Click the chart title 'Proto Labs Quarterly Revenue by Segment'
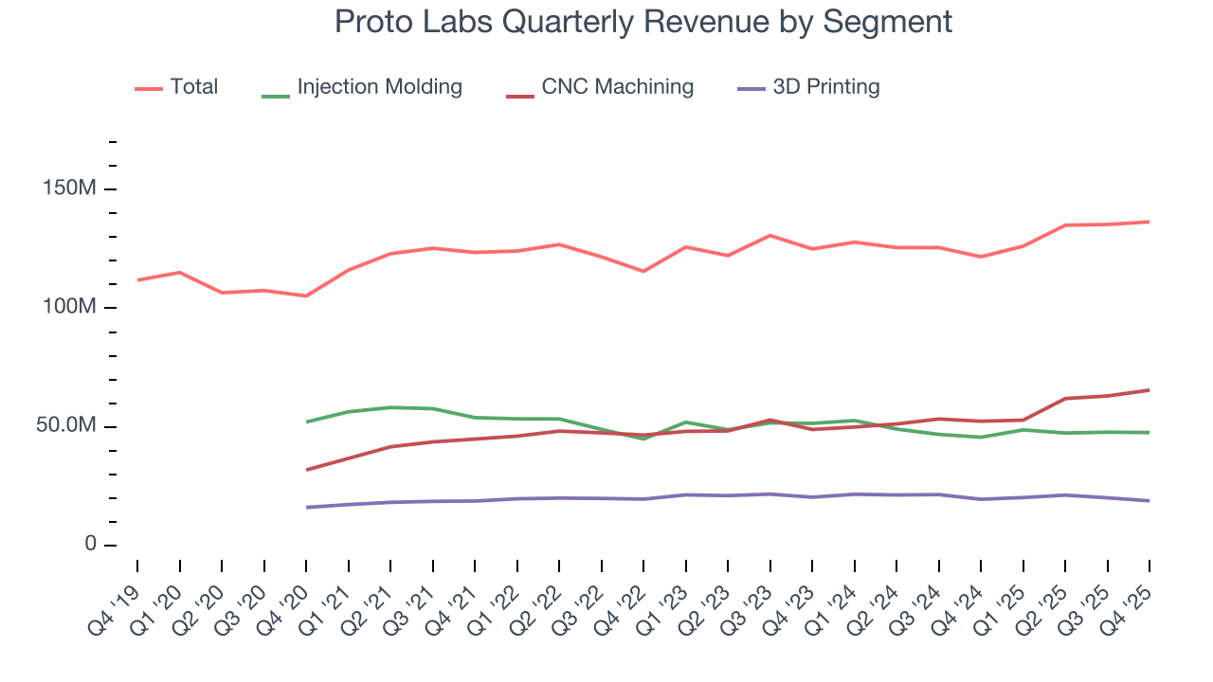click(643, 22)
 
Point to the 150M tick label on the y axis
click(70, 189)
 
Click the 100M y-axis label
click(70, 308)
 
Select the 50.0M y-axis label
click(65, 426)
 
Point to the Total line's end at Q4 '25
click(1149, 222)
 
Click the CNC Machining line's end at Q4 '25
click(1149, 390)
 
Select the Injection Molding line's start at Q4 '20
click(306, 422)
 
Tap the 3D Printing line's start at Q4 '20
click(306, 508)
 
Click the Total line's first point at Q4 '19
click(137, 280)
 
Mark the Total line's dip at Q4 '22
click(643, 272)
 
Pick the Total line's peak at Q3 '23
click(769, 235)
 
